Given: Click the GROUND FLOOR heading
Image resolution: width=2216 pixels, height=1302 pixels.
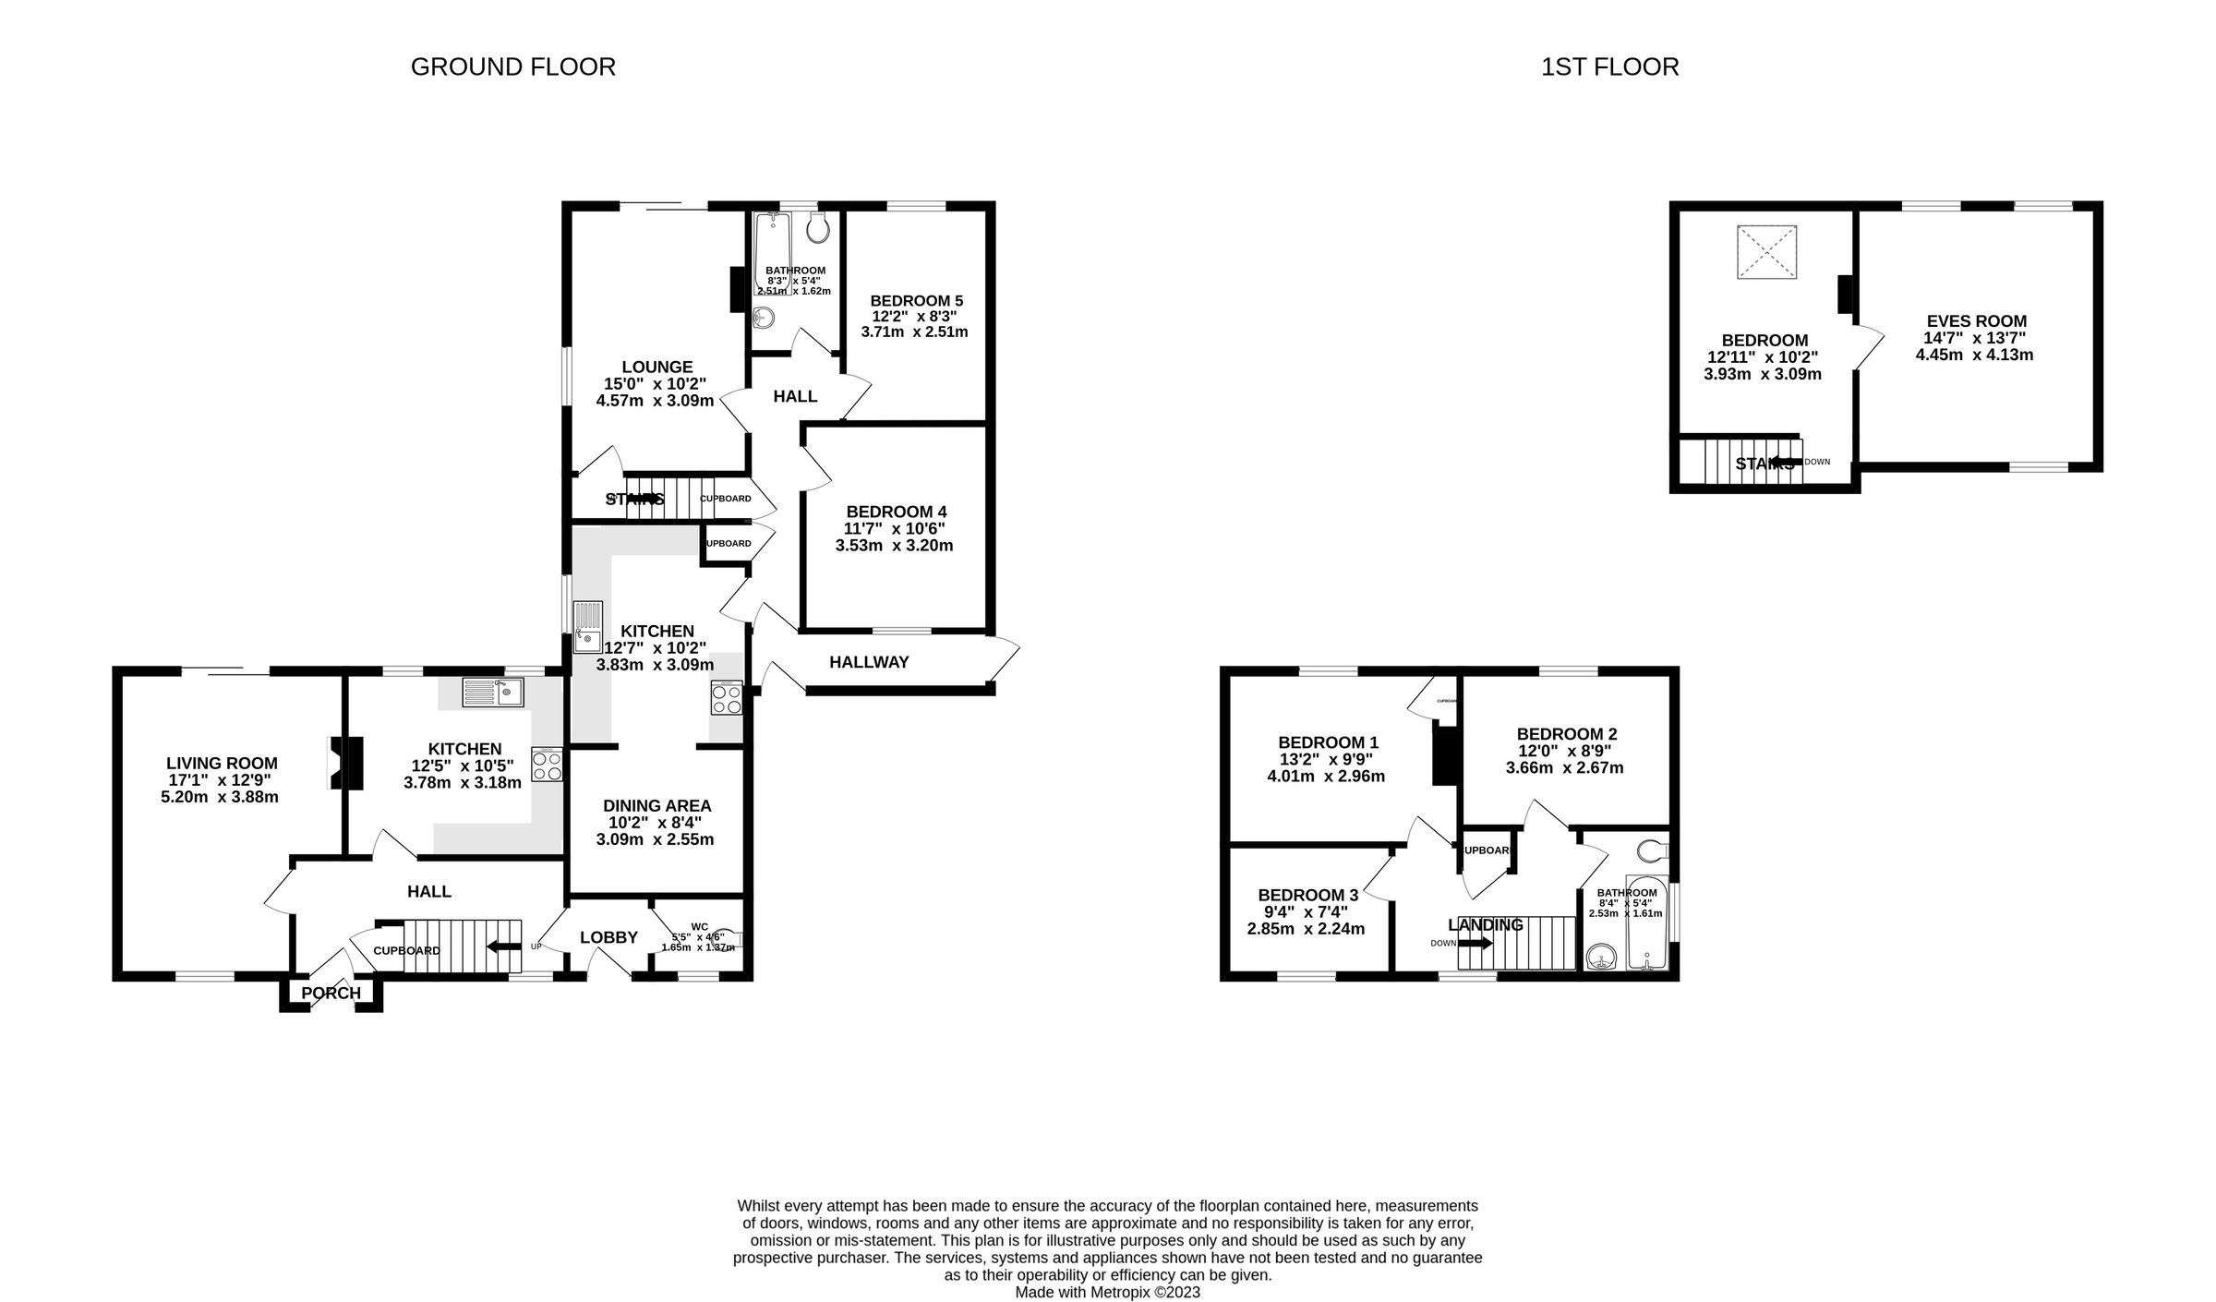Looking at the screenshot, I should (512, 67).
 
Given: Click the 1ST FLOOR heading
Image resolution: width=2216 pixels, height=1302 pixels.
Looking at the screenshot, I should (1609, 67).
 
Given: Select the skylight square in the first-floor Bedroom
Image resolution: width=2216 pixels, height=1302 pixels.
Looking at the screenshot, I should (1767, 251).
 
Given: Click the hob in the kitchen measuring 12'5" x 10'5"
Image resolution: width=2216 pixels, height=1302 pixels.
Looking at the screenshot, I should (547, 765).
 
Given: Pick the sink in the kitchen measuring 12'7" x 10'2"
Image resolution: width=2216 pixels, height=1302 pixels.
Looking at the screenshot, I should (587, 627).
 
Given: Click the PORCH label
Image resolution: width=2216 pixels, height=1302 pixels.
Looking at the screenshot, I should (331, 994).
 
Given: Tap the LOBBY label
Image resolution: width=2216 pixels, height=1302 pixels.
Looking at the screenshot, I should (608, 937).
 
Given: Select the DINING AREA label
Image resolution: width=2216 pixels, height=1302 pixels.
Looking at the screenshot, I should (656, 806).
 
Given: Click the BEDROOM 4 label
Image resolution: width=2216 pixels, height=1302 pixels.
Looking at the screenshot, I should (896, 512).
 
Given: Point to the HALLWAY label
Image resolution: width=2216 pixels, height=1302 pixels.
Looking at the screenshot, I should (869, 662).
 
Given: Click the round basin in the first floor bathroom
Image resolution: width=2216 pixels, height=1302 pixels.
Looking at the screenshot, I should (1600, 958).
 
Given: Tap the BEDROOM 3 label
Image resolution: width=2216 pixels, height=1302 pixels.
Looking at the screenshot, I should (1307, 895).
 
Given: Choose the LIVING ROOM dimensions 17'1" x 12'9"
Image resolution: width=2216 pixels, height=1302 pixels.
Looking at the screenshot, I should (220, 780).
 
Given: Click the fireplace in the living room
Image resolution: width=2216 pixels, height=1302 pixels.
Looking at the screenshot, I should (346, 763).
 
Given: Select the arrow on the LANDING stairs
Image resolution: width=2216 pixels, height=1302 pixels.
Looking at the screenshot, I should (1475, 943).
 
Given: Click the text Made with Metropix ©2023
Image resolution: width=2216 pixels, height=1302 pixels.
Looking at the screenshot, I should (1107, 1292).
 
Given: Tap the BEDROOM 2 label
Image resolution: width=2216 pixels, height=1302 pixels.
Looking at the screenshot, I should (1566, 734).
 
